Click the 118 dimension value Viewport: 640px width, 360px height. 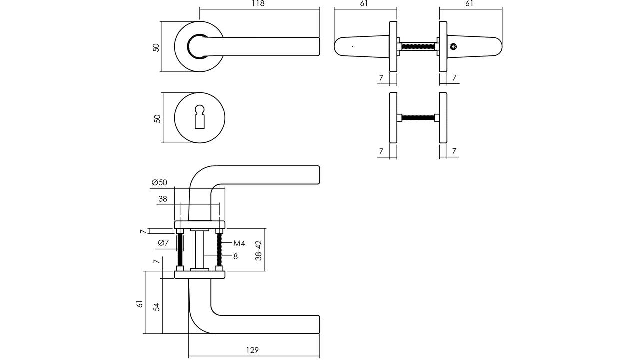(x=258, y=3)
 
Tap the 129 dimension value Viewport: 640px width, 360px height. (x=252, y=350)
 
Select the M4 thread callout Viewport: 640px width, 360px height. (x=239, y=243)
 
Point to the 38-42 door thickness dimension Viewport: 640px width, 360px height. (x=259, y=250)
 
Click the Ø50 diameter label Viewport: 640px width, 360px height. (x=159, y=182)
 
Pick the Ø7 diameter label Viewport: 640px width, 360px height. (x=163, y=243)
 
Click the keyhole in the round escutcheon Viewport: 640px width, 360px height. (x=200, y=117)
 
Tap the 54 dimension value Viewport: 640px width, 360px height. (x=157, y=307)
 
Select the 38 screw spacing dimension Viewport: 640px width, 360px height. (x=163, y=199)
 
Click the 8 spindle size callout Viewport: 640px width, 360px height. (x=235, y=256)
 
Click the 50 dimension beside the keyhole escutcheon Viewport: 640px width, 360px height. (x=157, y=119)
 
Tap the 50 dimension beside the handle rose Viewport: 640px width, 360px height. (x=156, y=47)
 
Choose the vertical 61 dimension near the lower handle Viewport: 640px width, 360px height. (x=140, y=303)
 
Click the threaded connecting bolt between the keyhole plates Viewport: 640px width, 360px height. (x=418, y=117)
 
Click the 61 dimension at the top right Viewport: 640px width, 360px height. (x=469, y=3)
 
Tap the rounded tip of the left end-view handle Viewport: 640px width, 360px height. (x=337, y=46)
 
